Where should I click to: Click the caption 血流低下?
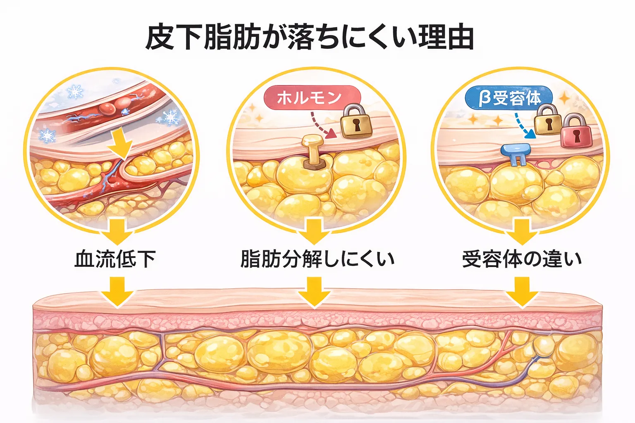coord(115,259)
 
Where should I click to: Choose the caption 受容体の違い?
coord(522,259)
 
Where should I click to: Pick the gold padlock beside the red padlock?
coord(547,120)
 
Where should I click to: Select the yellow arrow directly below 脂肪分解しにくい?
coord(314,291)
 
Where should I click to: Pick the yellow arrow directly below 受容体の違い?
coord(522,291)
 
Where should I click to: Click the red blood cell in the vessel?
coord(107,108)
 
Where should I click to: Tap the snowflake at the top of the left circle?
coord(75,91)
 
